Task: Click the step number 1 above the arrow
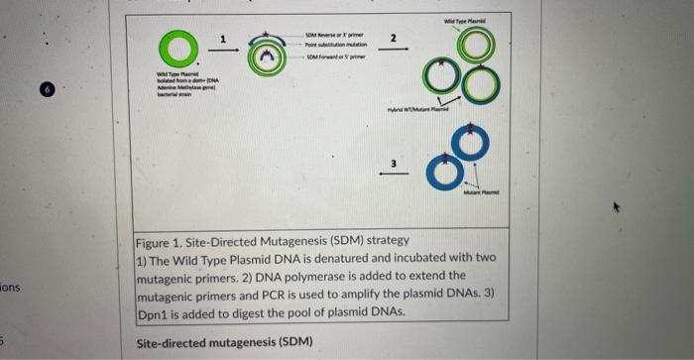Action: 223,38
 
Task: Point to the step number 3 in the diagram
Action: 394,162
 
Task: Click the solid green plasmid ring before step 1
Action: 179,50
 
